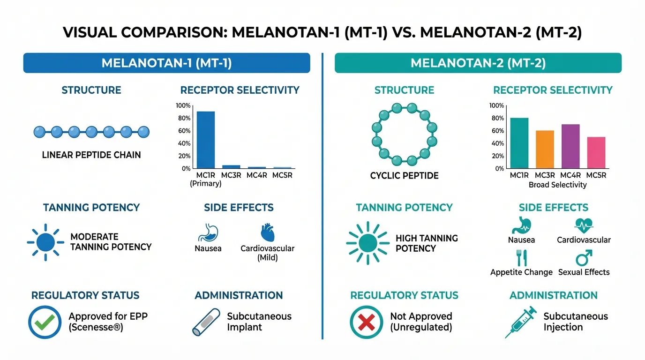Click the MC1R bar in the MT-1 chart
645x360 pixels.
pos(205,140)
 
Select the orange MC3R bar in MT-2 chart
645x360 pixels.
pos(545,150)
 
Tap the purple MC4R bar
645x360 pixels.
pos(570,146)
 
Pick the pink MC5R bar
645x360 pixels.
pos(596,153)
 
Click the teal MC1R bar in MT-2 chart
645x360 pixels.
pos(519,143)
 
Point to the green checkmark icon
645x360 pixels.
pos(45,322)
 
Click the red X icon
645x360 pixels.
pos(367,322)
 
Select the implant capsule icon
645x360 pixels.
pos(206,322)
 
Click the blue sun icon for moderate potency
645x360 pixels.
pos(45,242)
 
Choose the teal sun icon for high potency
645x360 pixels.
pos(368,243)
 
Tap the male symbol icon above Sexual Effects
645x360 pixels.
pos(584,257)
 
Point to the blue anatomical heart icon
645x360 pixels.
pos(267,233)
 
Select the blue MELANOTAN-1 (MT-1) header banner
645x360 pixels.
pos(166,63)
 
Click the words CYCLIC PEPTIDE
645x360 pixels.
pos(404,176)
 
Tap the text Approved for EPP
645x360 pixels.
pos(108,316)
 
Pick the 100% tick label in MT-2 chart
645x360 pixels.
pos(496,105)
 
